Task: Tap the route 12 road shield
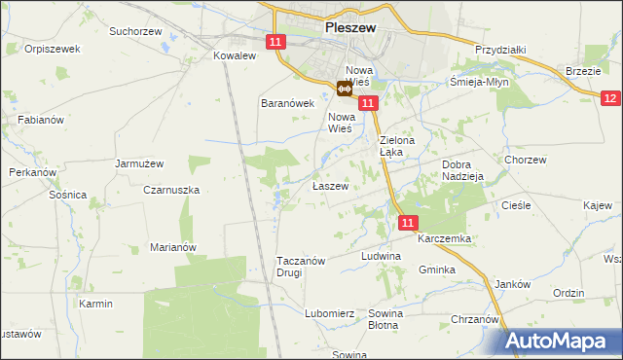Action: (610, 98)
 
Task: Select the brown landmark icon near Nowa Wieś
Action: (345, 90)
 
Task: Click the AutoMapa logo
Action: (563, 342)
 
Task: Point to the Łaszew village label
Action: (330, 185)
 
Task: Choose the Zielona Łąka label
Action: (397, 147)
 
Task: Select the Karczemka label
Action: (445, 238)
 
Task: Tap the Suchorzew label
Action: (135, 31)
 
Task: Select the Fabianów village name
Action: (41, 120)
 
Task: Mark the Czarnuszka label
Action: (171, 191)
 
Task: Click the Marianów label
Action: (173, 247)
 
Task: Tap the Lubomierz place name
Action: (328, 313)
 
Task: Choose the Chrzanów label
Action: (475, 319)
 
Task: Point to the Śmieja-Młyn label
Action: (482, 83)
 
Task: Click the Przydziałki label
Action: (500, 50)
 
